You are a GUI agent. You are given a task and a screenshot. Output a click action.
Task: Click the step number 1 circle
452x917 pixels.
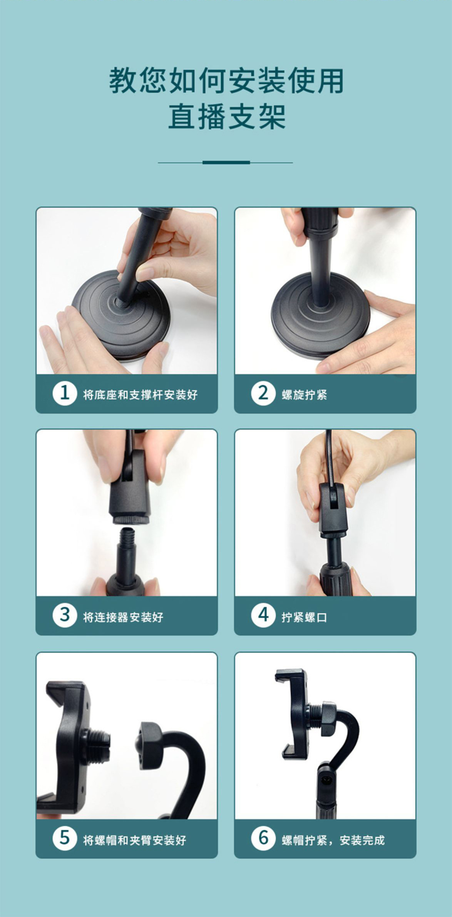[x=65, y=393]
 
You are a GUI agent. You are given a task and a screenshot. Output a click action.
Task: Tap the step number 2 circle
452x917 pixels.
[x=263, y=393]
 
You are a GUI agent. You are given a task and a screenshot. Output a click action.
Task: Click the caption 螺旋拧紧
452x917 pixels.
[x=304, y=395]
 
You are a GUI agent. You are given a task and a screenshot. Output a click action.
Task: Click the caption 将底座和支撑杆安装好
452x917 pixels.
[x=140, y=395]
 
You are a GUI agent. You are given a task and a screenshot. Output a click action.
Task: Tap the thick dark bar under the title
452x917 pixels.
[x=226, y=162]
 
